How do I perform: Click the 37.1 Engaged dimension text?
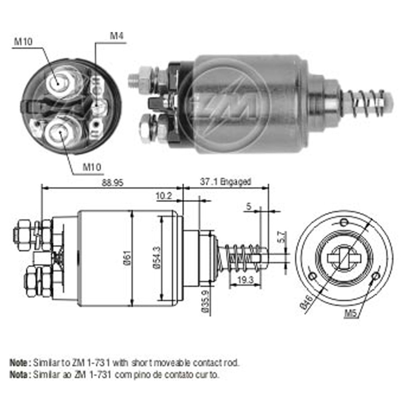pyautogui.click(x=225, y=182)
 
